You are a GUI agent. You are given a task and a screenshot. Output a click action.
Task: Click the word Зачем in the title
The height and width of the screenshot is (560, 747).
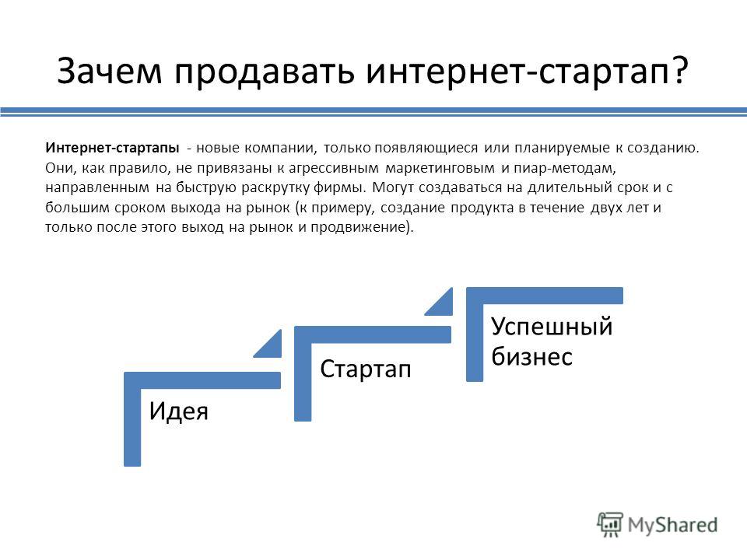(x=110, y=71)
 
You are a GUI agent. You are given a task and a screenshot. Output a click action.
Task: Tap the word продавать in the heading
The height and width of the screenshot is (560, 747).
(x=265, y=72)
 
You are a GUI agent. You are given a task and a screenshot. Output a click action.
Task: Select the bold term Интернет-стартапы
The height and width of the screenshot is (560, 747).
(x=112, y=148)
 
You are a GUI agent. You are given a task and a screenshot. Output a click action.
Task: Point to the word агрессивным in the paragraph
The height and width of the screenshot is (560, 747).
(x=334, y=168)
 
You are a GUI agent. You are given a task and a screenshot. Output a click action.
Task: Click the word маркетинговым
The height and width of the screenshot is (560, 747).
(x=440, y=168)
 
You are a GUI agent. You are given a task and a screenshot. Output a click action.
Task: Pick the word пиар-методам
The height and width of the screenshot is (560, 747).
(x=565, y=168)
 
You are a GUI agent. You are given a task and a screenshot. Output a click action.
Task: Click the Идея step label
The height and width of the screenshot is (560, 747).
(x=179, y=411)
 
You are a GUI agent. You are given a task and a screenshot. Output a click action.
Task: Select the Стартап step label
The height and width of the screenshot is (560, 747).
(x=366, y=369)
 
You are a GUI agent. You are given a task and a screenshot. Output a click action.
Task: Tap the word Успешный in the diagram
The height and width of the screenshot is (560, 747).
(x=552, y=327)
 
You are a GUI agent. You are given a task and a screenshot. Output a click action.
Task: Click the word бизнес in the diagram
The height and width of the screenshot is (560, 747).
(x=531, y=356)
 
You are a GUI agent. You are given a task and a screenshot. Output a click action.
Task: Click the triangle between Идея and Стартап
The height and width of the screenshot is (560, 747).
(x=272, y=347)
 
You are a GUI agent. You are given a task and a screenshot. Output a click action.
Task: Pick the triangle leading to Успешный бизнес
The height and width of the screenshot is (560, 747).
(x=443, y=305)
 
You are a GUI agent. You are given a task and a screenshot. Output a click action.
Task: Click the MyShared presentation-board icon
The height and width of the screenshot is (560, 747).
(x=610, y=525)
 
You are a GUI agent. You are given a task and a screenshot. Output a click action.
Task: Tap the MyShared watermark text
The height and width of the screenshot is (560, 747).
(x=672, y=525)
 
